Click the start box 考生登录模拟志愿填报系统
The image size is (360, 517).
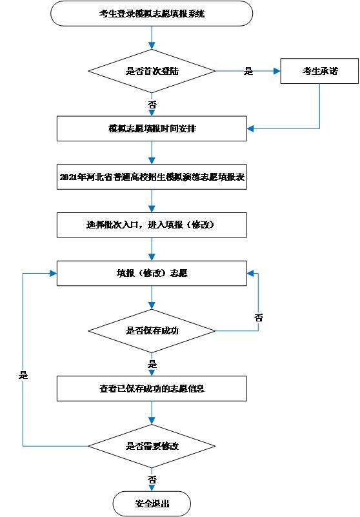click(152, 14)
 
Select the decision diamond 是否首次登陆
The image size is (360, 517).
click(152, 71)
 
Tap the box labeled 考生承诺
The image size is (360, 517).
click(319, 71)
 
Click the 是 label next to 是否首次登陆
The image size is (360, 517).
click(248, 71)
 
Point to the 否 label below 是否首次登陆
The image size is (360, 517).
click(152, 103)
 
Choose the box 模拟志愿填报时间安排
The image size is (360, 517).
click(152, 128)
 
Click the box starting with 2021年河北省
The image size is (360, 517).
click(152, 176)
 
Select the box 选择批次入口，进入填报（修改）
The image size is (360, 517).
click(152, 225)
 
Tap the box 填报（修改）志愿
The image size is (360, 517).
click(152, 273)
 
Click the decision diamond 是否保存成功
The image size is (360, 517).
click(152, 330)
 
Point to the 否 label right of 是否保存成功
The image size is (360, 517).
click(259, 318)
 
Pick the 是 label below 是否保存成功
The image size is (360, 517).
click(152, 364)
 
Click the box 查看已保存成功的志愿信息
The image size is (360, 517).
click(152, 389)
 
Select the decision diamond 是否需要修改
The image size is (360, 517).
click(152, 446)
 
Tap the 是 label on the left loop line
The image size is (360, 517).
click(23, 375)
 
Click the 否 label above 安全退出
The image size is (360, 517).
click(152, 480)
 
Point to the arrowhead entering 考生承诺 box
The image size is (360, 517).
click(276, 71)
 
